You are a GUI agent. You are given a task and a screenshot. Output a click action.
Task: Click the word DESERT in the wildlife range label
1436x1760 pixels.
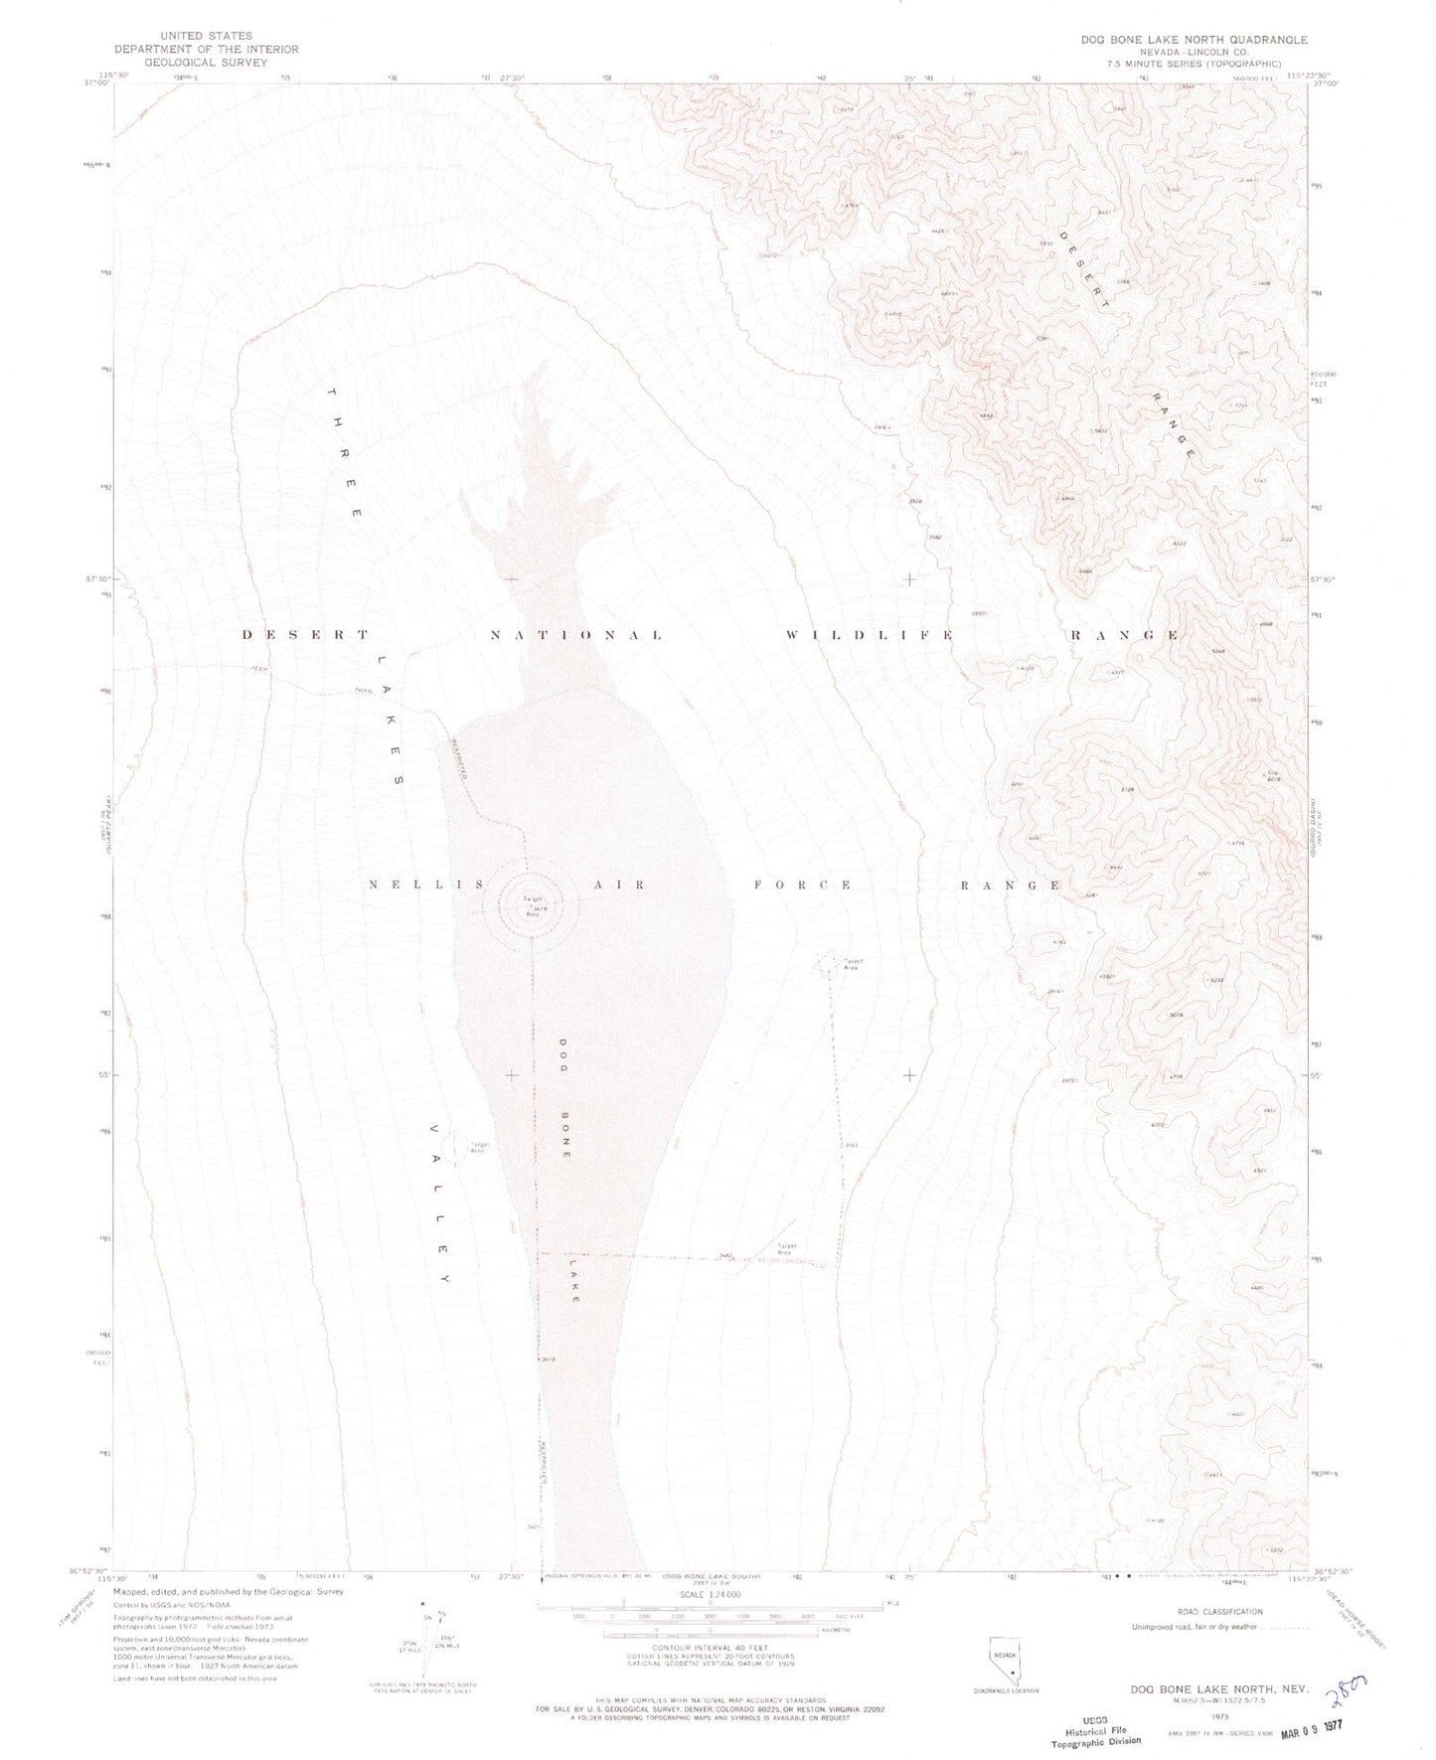pos(306,634)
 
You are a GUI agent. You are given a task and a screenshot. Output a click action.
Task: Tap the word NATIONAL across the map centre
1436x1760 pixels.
pos(576,635)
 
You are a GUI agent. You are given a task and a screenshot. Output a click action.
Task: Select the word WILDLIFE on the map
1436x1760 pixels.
pos(870,635)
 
